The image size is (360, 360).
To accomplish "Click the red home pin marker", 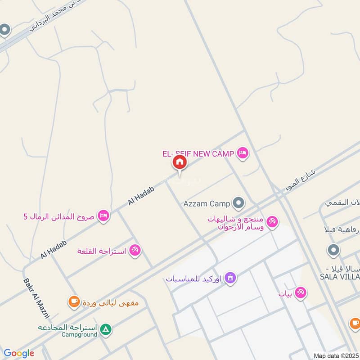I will [x=180, y=162].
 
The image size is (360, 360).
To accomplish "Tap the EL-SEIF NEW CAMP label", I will [x=198, y=154].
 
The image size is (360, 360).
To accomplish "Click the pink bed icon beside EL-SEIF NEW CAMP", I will [x=243, y=153].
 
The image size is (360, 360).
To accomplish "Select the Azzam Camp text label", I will [x=207, y=203].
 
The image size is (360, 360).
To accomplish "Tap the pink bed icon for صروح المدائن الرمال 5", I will [x=103, y=216].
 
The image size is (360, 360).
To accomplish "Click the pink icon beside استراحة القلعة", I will [x=135, y=250].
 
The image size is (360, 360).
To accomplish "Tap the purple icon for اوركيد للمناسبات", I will [x=230, y=277].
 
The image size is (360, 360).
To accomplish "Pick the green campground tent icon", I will [x=106, y=330].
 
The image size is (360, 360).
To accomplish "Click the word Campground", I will [x=79, y=335].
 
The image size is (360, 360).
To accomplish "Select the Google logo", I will [x=19, y=353].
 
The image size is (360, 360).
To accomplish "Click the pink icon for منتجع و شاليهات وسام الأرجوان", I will [x=272, y=221].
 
